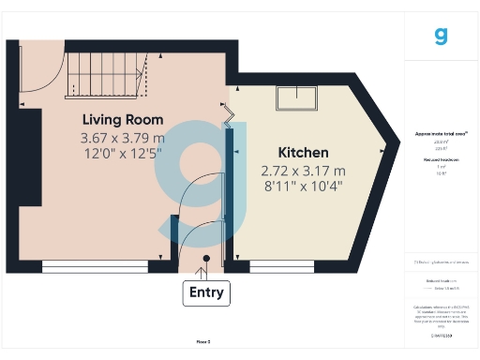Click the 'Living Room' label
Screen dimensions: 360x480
123,120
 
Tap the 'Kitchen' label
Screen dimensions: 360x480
303,153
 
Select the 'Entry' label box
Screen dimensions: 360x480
206,292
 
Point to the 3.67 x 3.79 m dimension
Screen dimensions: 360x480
123,137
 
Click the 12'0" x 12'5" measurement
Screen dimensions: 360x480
123,152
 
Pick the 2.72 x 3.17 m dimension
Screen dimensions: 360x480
303,171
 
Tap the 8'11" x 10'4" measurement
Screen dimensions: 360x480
303,186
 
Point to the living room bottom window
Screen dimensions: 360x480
93,267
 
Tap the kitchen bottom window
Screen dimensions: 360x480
282,267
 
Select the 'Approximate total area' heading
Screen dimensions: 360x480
442,134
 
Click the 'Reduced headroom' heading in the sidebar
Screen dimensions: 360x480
442,160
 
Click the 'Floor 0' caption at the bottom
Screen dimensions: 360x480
202,342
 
